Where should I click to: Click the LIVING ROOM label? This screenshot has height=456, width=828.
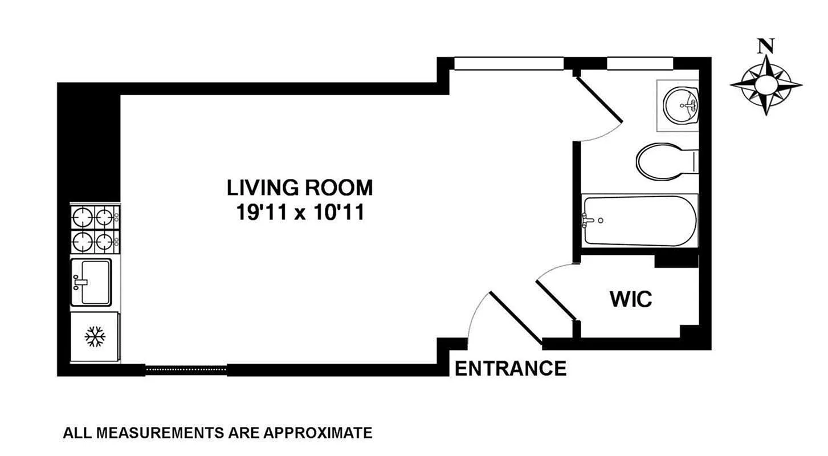coord(300,188)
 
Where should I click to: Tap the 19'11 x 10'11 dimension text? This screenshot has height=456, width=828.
coord(300,213)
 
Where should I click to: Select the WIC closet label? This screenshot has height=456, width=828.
coord(631,300)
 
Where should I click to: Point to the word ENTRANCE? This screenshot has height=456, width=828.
coord(511,368)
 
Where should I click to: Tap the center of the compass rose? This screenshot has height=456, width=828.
coord(766,85)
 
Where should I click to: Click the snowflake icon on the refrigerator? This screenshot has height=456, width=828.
coord(95,336)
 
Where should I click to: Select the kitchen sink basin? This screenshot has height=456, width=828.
coord(95,282)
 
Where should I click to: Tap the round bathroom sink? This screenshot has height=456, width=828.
coord(680,105)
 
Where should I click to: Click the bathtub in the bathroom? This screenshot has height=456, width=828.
coord(639,221)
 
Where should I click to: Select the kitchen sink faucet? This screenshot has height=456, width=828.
coord(79,283)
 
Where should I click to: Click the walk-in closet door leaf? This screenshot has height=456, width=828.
coord(556,300)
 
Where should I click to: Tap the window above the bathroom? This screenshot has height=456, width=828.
coord(640,63)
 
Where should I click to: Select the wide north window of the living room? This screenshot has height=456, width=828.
coord(509,63)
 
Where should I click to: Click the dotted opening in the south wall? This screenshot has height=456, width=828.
coord(186,369)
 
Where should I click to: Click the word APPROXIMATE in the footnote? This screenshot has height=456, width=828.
coord(318,433)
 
